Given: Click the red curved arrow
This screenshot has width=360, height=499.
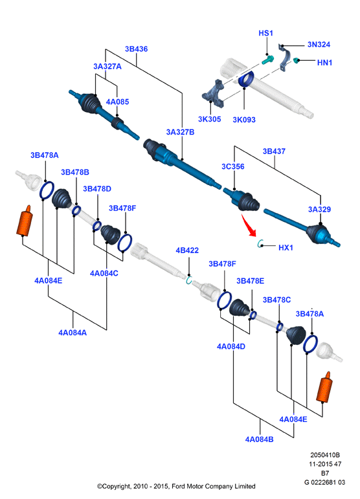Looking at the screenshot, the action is [249, 225].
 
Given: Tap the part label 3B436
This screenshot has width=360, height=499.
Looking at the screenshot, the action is [136, 49].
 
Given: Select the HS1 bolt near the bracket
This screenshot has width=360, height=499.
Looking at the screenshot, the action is [267, 60].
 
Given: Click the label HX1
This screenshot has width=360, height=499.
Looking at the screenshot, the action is [286, 247].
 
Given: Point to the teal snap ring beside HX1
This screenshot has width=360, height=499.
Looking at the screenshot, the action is [259, 244].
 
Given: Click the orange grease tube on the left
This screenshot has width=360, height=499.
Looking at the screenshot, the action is [25, 221].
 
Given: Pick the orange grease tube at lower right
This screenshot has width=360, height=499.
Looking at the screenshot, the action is [324, 387].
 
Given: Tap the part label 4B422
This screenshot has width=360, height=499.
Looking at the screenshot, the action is [187, 250].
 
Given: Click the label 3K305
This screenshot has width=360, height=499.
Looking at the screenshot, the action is [209, 118].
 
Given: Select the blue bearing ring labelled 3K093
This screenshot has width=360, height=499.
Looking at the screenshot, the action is [246, 79].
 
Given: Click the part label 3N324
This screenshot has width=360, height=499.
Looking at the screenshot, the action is [319, 44].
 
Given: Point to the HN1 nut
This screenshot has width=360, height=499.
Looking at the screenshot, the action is [296, 60].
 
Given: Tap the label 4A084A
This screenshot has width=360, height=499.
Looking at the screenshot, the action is [73, 333].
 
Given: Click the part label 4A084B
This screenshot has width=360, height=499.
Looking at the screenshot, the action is [259, 439].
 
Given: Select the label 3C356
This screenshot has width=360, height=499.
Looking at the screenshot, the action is [233, 166].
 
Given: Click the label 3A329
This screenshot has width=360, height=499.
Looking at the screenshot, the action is [319, 209].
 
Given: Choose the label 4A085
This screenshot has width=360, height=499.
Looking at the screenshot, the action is [117, 102].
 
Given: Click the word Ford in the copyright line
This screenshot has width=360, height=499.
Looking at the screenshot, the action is [179, 486].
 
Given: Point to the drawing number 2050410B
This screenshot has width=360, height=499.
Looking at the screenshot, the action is [325, 455].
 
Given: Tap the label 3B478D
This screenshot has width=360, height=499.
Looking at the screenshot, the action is [97, 189].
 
